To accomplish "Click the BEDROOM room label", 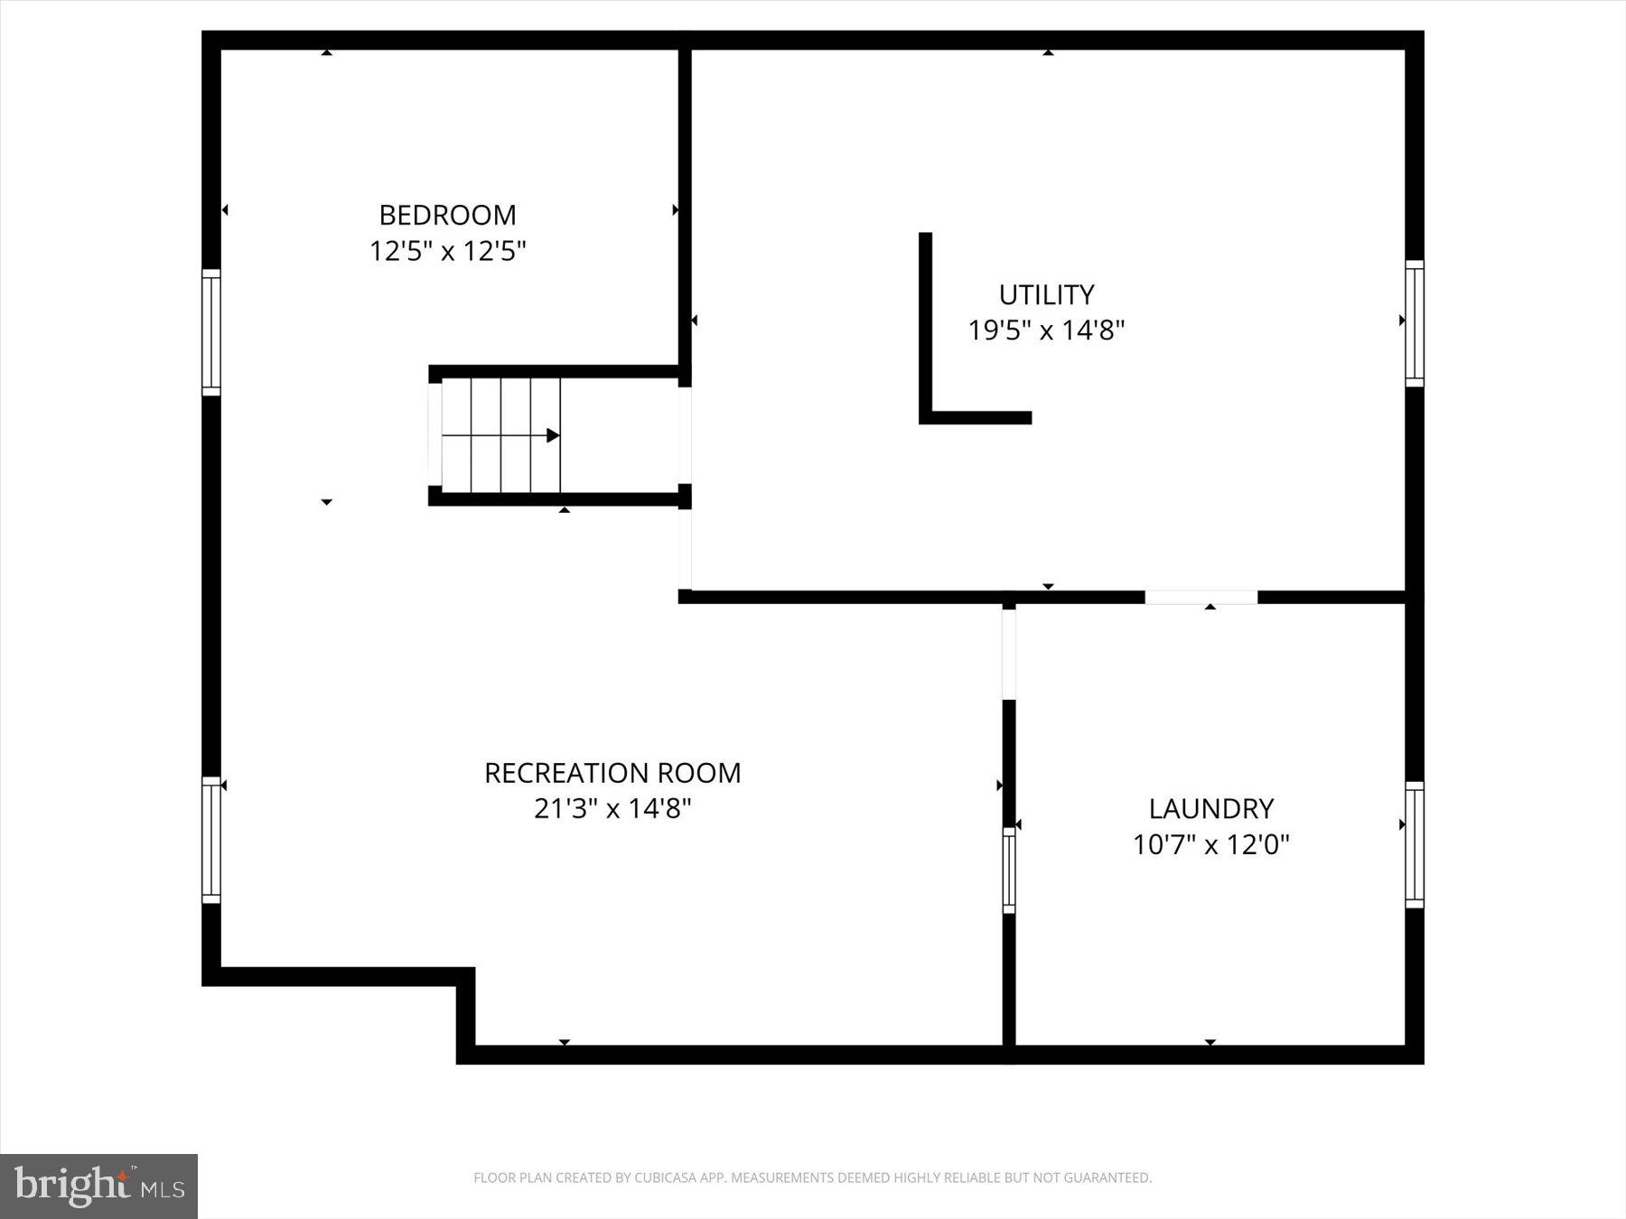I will click(x=447, y=215).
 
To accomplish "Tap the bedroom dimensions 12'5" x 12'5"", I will click(x=447, y=251).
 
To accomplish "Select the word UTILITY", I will click(x=1046, y=295).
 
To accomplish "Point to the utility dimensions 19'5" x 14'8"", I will click(x=1046, y=330).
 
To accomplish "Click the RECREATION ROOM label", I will click(x=612, y=773).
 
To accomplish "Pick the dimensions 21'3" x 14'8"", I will click(x=612, y=808).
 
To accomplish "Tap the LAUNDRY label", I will click(x=1210, y=808).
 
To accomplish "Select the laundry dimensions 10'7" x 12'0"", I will click(x=1210, y=844).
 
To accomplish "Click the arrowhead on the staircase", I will click(x=553, y=435).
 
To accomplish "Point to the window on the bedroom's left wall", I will click(x=210, y=332).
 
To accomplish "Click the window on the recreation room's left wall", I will click(x=210, y=840).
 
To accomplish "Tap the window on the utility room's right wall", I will click(x=1415, y=323).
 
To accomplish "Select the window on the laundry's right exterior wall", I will click(x=1415, y=844).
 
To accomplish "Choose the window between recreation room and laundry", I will click(x=1009, y=870).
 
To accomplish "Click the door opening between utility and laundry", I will click(x=1201, y=597).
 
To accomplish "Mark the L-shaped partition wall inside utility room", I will click(x=926, y=361).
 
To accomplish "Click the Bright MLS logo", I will click(x=98, y=1186).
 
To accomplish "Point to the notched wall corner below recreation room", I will click(x=465, y=978).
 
